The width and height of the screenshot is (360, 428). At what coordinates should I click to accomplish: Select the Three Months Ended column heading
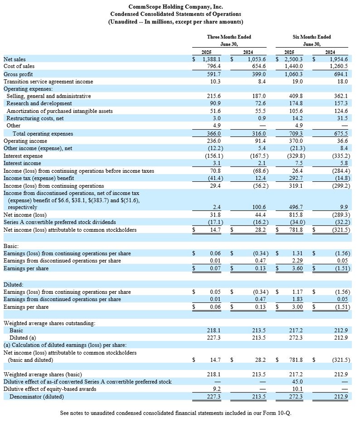[x=229, y=37]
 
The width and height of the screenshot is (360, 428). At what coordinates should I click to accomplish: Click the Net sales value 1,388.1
[x=210, y=59]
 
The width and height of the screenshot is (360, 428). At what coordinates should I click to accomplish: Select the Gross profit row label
[x=18, y=74]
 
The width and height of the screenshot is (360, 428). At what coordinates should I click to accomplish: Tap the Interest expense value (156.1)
[x=209, y=156]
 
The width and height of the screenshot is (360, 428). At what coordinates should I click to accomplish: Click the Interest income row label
[x=22, y=163]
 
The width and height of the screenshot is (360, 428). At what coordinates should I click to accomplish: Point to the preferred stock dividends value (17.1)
[x=210, y=222]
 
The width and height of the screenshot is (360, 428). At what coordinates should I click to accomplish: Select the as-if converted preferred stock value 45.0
[x=297, y=382]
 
